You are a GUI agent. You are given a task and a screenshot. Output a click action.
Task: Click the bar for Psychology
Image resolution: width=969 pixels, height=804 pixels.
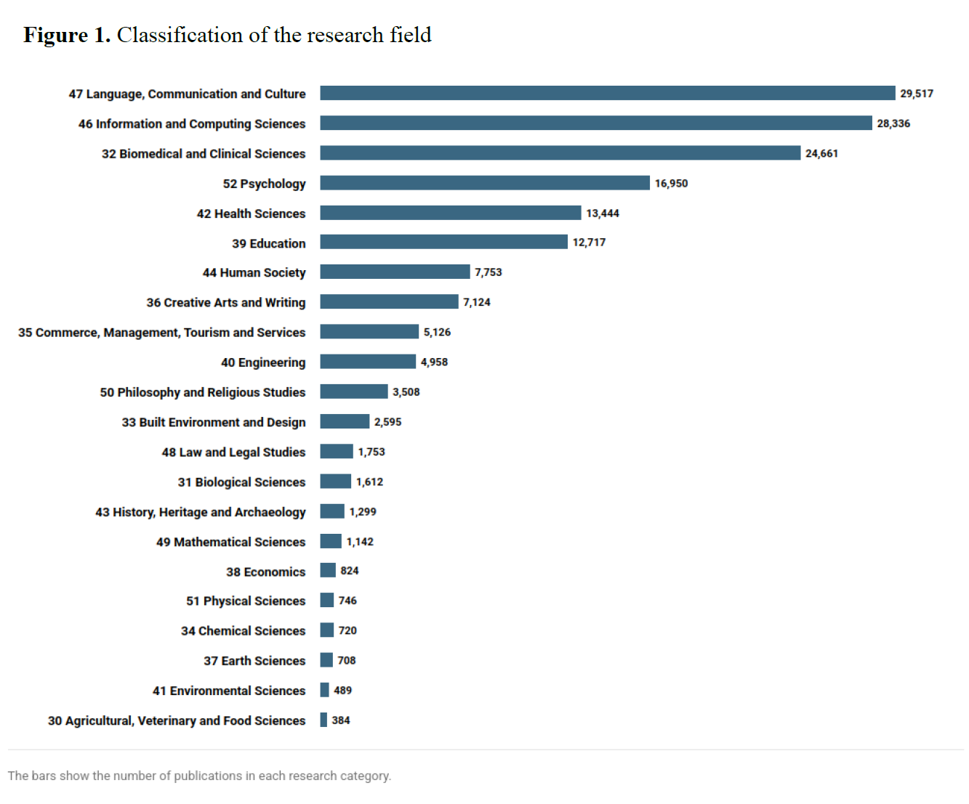(485, 183)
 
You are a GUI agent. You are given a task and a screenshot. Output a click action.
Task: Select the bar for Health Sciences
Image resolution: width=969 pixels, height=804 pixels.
(451, 213)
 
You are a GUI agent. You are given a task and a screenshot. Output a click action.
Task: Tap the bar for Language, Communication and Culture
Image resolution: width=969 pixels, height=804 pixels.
(608, 93)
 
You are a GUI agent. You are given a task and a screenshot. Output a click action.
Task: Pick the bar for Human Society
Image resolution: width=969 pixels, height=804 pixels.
(395, 272)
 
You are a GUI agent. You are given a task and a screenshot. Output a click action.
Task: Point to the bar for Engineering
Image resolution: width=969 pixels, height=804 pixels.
(368, 362)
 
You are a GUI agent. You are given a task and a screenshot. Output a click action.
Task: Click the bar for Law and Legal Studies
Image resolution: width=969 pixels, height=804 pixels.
(337, 452)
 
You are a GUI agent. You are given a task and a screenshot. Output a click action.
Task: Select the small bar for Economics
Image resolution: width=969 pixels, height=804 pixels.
(328, 571)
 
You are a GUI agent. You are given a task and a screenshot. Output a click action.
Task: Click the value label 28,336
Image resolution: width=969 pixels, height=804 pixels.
(893, 123)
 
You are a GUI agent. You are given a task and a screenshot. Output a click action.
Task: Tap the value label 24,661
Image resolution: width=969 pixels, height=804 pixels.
(821, 153)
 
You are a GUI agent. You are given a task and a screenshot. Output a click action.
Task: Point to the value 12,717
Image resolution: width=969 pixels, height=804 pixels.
(589, 243)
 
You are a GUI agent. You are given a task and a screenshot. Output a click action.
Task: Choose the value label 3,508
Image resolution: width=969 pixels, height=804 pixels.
(406, 392)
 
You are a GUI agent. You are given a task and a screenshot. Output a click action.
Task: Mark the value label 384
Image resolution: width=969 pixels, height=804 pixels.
(341, 720)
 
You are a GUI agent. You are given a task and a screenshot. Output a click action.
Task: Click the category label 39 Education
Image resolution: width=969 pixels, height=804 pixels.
(269, 243)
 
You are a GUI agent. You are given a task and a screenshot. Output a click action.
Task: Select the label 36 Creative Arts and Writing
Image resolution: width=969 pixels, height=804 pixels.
(226, 302)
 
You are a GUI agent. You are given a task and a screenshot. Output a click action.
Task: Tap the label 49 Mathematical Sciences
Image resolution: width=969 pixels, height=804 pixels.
(231, 542)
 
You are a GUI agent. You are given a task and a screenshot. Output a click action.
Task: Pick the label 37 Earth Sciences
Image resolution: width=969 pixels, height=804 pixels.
(254, 661)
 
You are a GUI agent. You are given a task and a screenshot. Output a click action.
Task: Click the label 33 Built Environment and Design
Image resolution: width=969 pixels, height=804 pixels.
(214, 422)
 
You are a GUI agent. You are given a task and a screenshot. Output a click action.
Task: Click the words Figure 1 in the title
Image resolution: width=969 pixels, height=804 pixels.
(67, 35)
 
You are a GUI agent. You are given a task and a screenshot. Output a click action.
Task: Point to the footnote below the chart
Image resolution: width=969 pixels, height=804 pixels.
(199, 776)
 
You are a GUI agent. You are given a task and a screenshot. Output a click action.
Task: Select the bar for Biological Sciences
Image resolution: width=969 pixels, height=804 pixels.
(336, 482)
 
